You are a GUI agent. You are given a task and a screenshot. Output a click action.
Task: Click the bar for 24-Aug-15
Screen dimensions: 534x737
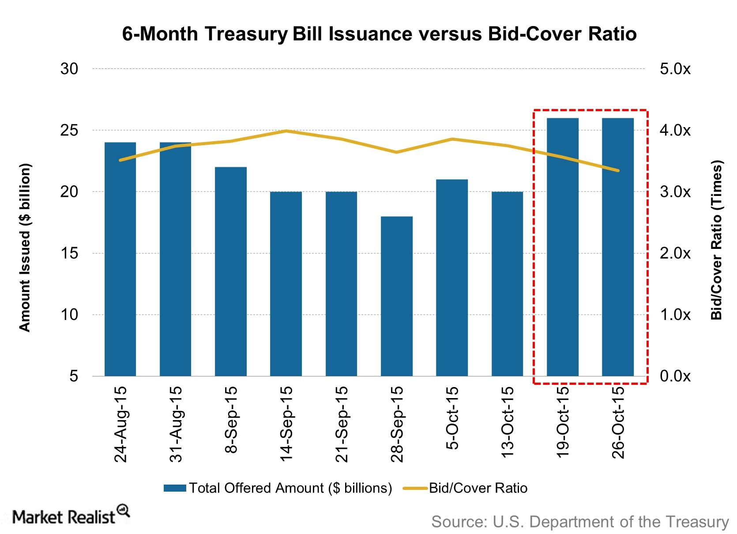pyautogui.click(x=120, y=259)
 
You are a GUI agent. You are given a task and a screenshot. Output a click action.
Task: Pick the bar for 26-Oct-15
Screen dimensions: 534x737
pyautogui.click(x=618, y=247)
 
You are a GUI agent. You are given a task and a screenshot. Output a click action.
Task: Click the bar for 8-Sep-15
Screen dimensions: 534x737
pyautogui.click(x=231, y=271)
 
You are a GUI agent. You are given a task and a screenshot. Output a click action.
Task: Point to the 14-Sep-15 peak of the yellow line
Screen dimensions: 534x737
pyautogui.click(x=286, y=131)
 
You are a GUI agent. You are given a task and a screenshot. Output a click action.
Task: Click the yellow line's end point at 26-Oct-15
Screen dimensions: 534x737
pyautogui.click(x=618, y=170)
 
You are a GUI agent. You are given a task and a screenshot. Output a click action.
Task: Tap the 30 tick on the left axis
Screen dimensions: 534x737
pyautogui.click(x=69, y=69)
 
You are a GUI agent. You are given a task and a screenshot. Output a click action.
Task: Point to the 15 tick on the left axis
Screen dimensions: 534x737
pyautogui.click(x=69, y=253)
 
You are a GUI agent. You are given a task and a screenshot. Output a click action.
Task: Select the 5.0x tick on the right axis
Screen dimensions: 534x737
pyautogui.click(x=675, y=69)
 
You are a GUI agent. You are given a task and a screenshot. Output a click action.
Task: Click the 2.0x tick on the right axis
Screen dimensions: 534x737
pyautogui.click(x=675, y=253)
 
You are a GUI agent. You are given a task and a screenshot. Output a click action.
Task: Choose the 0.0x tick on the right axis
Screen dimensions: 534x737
pyautogui.click(x=675, y=376)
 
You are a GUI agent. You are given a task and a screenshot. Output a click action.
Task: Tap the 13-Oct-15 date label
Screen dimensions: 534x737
pyautogui.click(x=508, y=424)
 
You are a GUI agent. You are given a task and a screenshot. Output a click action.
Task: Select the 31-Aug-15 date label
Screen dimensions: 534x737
pyautogui.click(x=176, y=424)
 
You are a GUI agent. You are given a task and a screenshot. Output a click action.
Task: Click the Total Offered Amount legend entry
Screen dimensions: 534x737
pyautogui.click(x=278, y=488)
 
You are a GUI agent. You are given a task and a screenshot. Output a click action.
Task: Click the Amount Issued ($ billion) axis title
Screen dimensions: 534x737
pyautogui.click(x=25, y=248)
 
